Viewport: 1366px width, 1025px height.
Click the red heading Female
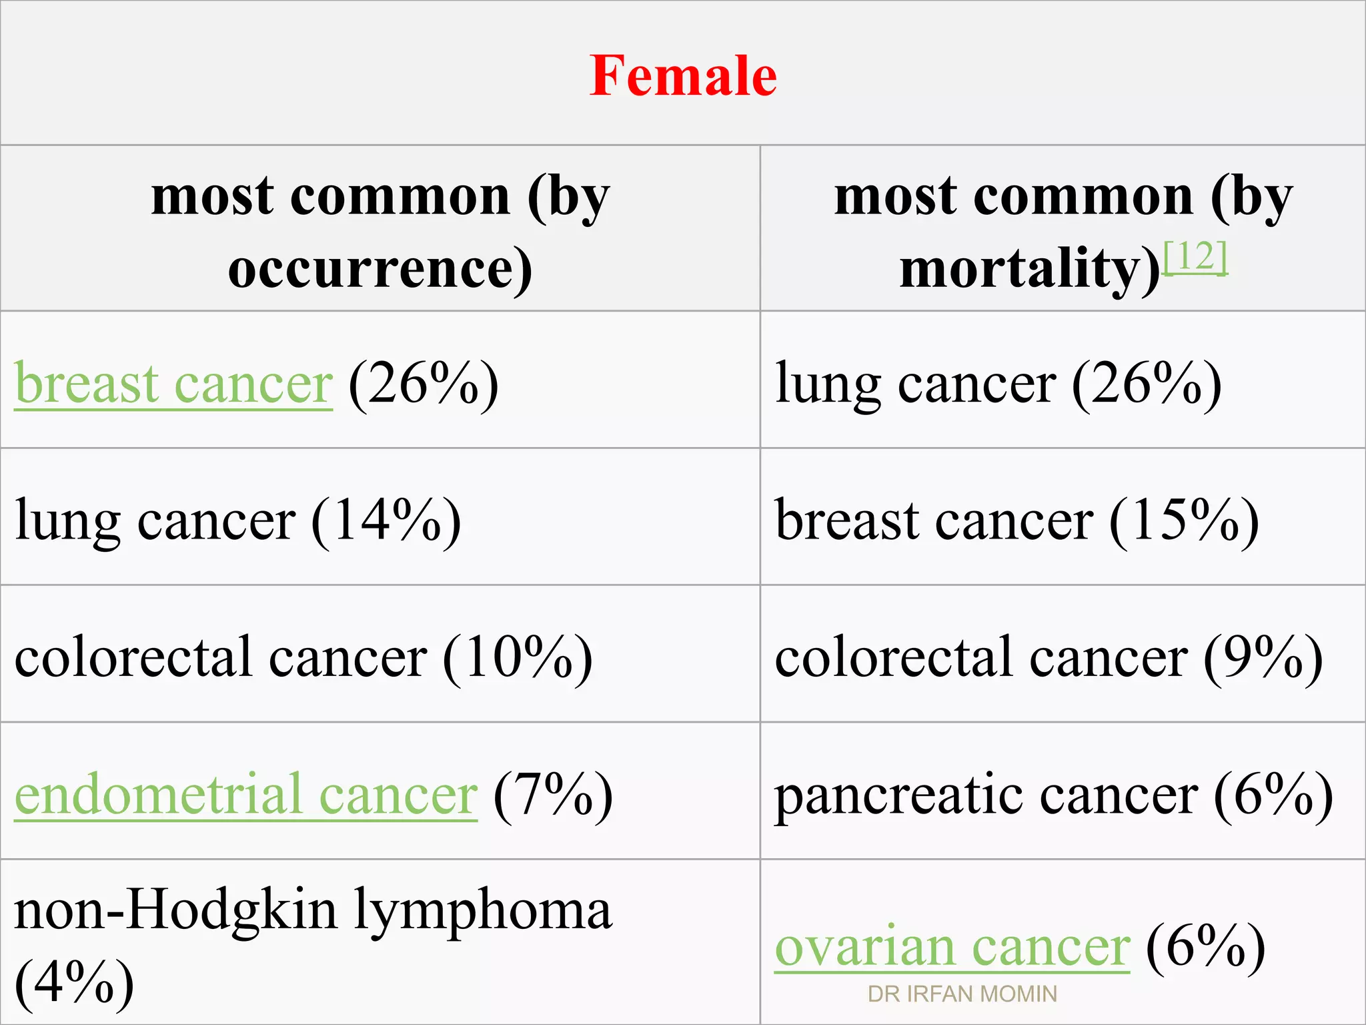coord(683,75)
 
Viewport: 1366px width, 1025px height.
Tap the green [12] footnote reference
coord(1195,257)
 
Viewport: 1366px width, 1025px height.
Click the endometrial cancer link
coord(245,794)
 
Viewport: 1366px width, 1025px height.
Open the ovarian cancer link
coord(952,947)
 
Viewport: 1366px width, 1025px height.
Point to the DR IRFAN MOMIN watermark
coord(962,994)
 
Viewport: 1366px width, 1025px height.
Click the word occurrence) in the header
coord(380,268)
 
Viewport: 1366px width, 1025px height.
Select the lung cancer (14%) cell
coord(238,521)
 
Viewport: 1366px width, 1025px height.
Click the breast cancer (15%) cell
coord(1016,521)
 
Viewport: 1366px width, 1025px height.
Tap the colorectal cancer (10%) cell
coord(303,657)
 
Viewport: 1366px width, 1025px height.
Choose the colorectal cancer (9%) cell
coord(1049,657)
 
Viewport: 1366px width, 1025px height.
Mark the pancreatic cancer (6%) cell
coord(1053,795)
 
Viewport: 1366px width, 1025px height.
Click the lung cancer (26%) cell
coord(998,384)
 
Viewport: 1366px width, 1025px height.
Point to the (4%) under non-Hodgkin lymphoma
coord(74,982)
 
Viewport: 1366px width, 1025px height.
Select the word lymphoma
coord(482,910)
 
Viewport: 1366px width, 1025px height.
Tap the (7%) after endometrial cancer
coord(553,794)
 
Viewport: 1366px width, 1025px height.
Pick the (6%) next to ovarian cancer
coord(1205,947)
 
